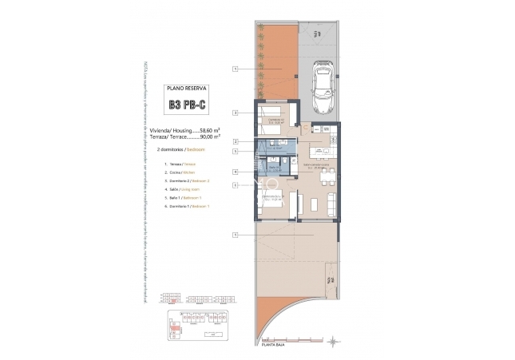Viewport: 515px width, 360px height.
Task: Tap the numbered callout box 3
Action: (x=236, y=112)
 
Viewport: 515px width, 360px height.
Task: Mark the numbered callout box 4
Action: (x=236, y=172)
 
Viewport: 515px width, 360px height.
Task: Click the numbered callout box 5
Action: (x=236, y=151)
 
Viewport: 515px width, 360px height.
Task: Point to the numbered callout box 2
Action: (x=236, y=141)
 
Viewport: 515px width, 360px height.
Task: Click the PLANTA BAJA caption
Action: (x=273, y=345)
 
